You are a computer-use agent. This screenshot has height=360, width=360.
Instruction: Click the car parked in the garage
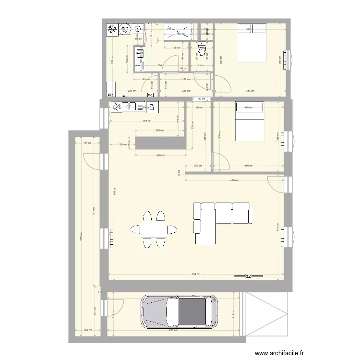(x=179, y=312)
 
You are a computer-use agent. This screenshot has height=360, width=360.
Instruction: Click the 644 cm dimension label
(x=195, y=274)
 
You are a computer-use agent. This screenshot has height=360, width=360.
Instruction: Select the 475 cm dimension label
(x=234, y=180)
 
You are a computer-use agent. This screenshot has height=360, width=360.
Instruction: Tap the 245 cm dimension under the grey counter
(x=160, y=156)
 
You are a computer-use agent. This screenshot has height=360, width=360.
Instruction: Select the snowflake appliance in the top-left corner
(x=112, y=30)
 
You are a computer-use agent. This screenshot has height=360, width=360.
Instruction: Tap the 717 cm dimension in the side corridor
(x=94, y=211)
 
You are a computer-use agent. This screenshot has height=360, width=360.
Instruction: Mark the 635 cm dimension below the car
(x=173, y=330)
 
